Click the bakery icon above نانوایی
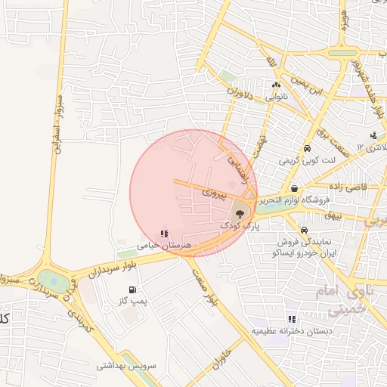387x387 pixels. point(276,85)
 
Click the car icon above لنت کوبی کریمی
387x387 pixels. point(307,149)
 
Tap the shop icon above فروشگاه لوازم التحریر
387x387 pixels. point(293,189)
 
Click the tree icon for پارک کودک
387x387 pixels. point(240,213)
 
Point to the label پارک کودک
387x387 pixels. point(240,226)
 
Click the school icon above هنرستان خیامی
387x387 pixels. point(165,234)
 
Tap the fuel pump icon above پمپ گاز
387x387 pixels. point(134,289)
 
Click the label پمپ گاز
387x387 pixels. point(131,302)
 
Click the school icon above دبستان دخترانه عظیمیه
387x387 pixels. point(292,319)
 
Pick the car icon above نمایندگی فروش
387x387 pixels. point(303,230)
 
